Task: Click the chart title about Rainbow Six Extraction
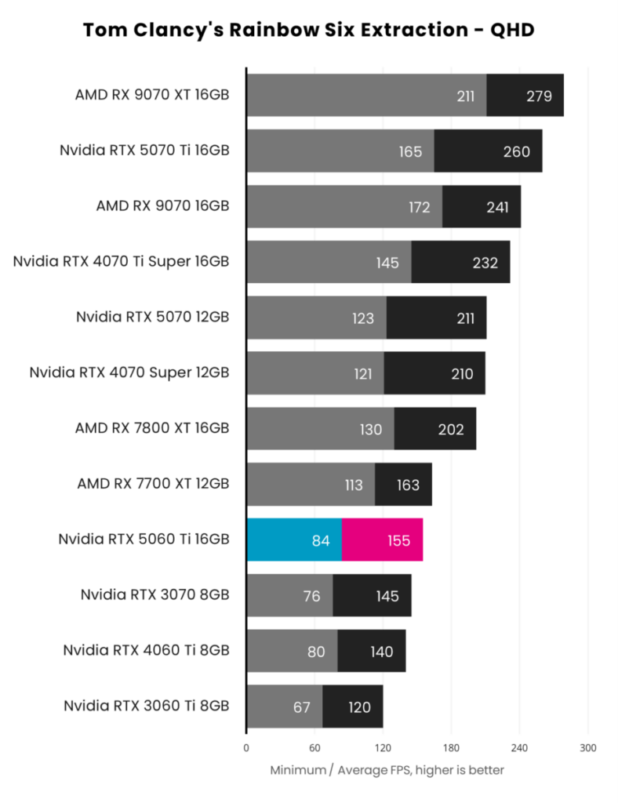pos(308,30)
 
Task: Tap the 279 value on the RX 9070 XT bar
pos(539,96)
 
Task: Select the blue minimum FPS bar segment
pos(293,540)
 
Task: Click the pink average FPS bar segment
pos(382,540)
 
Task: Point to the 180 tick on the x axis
pos(451,747)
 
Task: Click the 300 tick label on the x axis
pos(587,747)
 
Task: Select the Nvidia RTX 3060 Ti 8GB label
pos(146,707)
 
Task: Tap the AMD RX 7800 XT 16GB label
pos(152,428)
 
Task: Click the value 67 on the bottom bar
pos(302,707)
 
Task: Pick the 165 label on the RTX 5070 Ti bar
pos(410,151)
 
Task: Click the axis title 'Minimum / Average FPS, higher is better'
pos(387,770)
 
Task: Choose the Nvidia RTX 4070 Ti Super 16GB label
pos(121,261)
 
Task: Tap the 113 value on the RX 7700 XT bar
pos(353,485)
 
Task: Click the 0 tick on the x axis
pos(246,747)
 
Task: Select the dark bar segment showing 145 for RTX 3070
pos(372,595)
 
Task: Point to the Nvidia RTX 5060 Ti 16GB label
pos(144,540)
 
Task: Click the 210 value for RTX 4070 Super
pos(462,373)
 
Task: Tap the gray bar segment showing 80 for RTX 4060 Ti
pos(292,651)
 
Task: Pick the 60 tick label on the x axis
pos(314,747)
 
